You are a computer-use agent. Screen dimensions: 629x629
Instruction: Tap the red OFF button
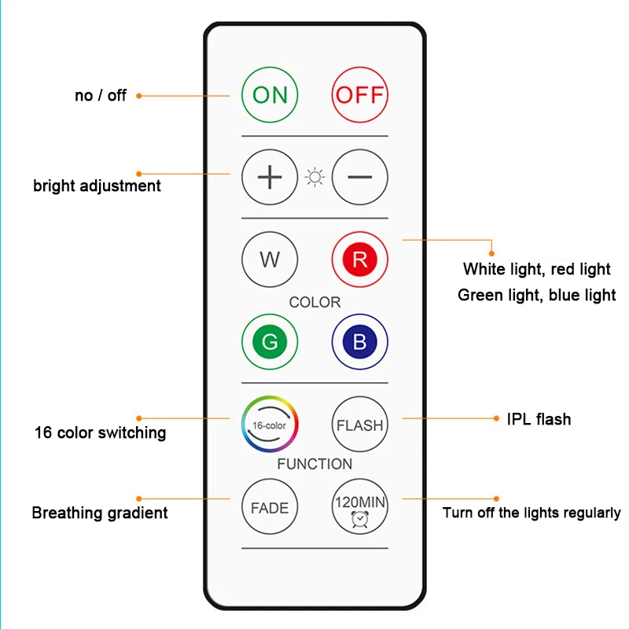click(360, 95)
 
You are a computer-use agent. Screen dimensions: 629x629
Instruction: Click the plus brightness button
click(270, 177)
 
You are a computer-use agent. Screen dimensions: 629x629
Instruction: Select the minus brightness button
click(360, 177)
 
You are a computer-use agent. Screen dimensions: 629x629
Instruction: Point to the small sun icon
click(315, 177)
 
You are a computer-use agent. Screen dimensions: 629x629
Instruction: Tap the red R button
click(360, 259)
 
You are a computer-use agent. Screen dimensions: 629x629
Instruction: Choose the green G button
click(270, 342)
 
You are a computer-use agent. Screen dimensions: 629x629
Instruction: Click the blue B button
click(360, 342)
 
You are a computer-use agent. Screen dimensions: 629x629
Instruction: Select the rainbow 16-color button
click(270, 425)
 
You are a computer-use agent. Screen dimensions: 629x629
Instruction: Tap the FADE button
click(270, 507)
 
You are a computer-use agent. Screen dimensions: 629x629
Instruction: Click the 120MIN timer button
click(360, 507)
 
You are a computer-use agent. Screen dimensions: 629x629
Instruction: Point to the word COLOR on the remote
click(314, 302)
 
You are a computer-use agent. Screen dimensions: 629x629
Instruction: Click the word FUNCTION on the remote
click(314, 464)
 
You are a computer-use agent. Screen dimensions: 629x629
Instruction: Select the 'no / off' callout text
click(101, 96)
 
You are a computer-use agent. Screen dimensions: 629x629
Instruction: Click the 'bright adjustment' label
click(97, 186)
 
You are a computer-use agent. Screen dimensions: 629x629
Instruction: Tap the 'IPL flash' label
click(538, 419)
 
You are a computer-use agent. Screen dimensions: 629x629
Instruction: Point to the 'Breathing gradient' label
click(100, 513)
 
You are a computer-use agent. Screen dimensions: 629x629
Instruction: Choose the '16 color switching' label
click(100, 432)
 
